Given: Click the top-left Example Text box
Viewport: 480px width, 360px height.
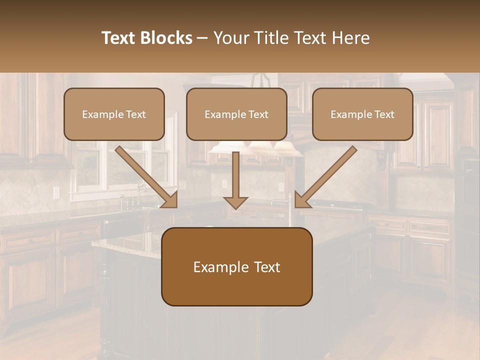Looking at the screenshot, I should pyautogui.click(x=114, y=114).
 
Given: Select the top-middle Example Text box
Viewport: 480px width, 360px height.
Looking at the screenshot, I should pyautogui.click(x=236, y=114).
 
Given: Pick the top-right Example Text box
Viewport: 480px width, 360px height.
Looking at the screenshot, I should pyautogui.click(x=362, y=114).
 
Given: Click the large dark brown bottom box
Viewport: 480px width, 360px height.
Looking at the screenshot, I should pyautogui.click(x=236, y=266).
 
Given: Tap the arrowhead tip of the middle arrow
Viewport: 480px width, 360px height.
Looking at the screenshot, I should pyautogui.click(x=235, y=207).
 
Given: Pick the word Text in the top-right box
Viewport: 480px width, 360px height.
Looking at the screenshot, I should pyautogui.click(x=384, y=114).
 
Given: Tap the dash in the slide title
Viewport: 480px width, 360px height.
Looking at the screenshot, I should pyautogui.click(x=202, y=38).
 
